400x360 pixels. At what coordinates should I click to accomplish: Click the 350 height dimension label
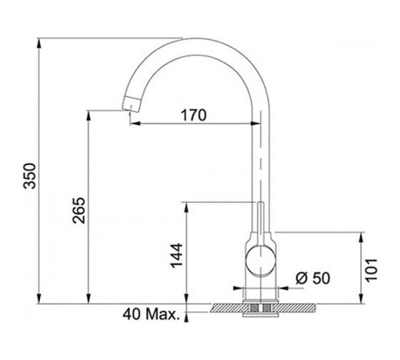tap(29, 176)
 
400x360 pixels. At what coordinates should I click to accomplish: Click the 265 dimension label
tap(79, 210)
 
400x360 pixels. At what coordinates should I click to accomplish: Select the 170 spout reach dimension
tap(194, 115)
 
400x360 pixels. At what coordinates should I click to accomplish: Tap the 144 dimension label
tap(176, 256)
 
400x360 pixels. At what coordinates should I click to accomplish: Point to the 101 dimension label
tap(371, 270)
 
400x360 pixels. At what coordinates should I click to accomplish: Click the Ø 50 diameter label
tap(313, 278)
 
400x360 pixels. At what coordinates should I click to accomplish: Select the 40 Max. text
tap(151, 314)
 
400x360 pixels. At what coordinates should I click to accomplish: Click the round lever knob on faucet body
tap(261, 261)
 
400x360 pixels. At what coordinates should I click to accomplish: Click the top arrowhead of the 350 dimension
tap(39, 43)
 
